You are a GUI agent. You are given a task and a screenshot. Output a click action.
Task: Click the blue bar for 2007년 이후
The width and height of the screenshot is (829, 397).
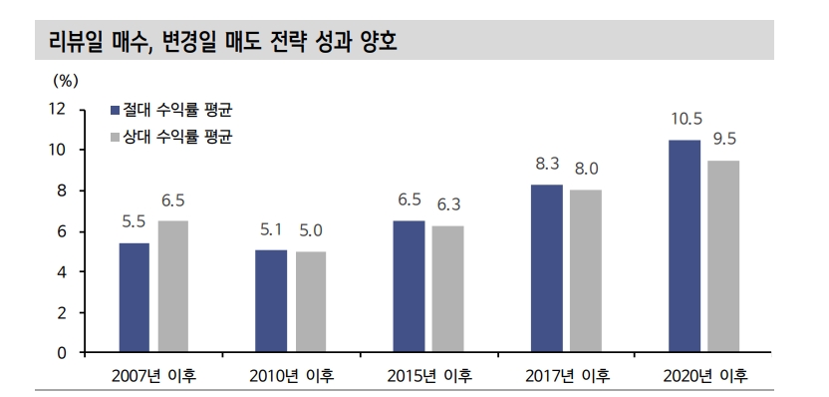(135, 297)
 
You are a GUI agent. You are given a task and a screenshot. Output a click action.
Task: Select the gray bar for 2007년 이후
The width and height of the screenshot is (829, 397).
(172, 286)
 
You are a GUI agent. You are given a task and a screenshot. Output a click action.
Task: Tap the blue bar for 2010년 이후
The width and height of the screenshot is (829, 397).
(271, 301)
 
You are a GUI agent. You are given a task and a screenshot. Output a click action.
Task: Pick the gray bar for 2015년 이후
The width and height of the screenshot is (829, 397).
(447, 289)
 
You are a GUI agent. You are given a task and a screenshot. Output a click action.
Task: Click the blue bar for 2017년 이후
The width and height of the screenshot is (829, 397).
(546, 268)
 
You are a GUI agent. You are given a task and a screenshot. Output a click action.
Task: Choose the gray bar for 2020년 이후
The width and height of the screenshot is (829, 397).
(723, 256)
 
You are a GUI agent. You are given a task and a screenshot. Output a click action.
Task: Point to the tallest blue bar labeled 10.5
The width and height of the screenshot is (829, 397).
(684, 246)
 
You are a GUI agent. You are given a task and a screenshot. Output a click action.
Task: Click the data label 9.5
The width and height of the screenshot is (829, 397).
(724, 139)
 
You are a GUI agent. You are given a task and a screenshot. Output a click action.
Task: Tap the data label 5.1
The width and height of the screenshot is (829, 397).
(271, 229)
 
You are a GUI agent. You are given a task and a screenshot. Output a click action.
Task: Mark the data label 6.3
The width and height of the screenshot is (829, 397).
(448, 204)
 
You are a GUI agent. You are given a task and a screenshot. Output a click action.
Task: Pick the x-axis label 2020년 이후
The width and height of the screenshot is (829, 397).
(704, 376)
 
